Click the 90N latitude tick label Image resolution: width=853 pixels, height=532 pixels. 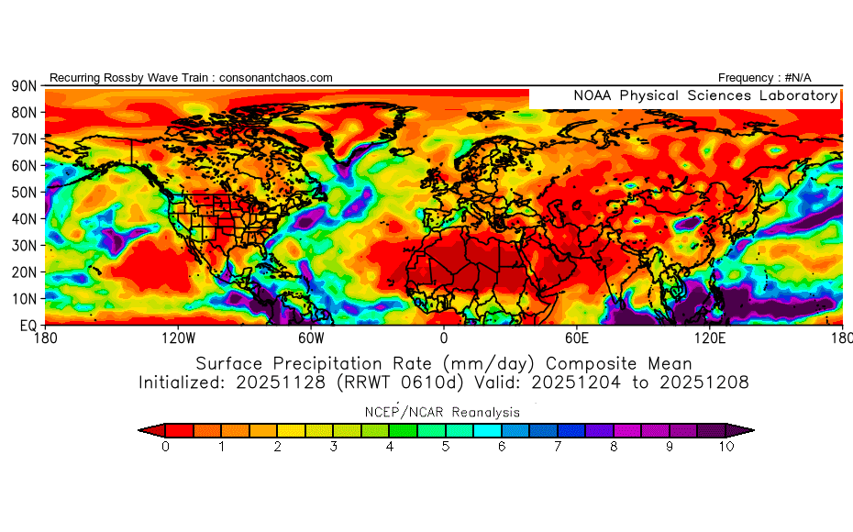[24, 85]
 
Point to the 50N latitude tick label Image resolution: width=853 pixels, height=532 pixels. [24, 192]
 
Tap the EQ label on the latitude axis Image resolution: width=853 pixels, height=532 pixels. [27, 326]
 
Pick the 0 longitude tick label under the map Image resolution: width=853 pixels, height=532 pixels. [444, 338]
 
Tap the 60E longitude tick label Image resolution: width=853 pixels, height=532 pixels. [577, 338]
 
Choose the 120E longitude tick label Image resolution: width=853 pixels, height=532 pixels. [711, 338]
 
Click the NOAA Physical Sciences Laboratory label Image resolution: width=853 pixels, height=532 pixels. [704, 96]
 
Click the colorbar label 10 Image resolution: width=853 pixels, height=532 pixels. [726, 447]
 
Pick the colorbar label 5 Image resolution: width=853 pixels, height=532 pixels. [446, 447]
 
